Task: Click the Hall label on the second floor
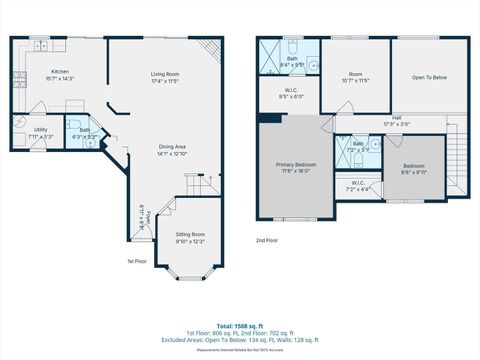point(397,120)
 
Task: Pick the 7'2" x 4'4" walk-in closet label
point(358,185)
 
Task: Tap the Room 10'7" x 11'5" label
point(354,76)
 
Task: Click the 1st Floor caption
point(138,261)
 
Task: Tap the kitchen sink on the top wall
point(40,45)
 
